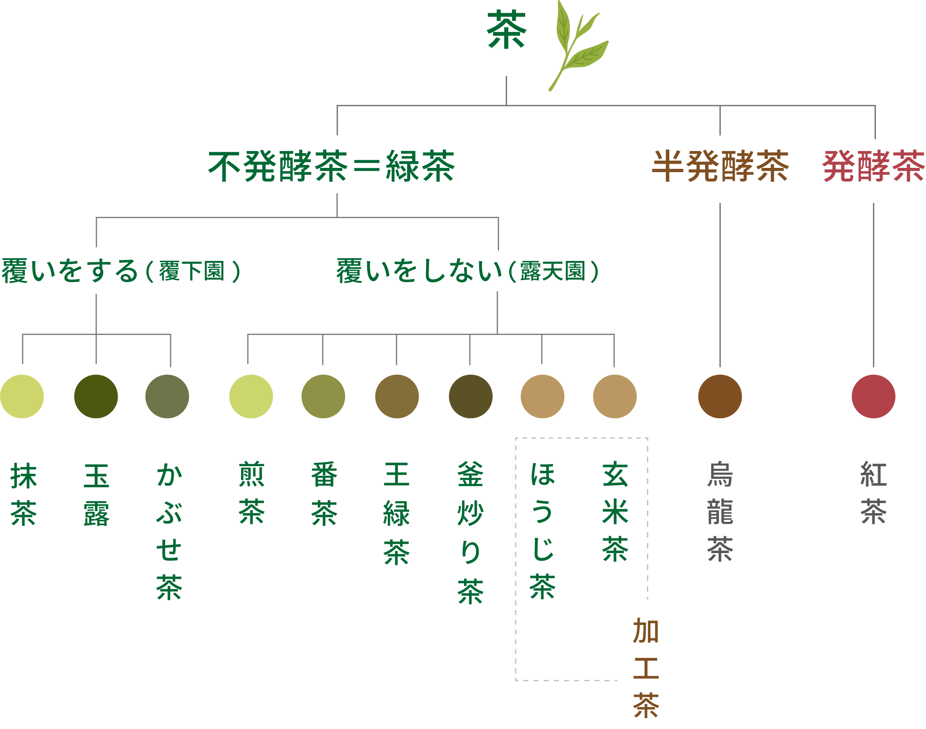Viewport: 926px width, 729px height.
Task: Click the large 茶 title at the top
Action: [507, 30]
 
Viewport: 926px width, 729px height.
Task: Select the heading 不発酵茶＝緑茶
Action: [332, 167]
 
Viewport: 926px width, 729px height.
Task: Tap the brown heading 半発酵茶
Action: [720, 167]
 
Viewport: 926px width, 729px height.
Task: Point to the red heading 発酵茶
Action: [874, 167]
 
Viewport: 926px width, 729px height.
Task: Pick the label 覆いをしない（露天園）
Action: [468, 271]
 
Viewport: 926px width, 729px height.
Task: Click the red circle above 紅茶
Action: [874, 397]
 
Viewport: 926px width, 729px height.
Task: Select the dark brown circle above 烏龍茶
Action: [720, 397]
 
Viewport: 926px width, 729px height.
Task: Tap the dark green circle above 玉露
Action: [96, 397]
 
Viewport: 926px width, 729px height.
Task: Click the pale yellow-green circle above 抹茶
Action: [22, 397]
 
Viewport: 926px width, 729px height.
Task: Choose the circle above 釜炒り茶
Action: [471, 397]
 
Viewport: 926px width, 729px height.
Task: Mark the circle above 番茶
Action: [323, 397]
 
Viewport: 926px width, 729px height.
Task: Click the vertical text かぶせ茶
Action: [169, 532]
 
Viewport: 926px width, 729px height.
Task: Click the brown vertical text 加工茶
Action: [646, 668]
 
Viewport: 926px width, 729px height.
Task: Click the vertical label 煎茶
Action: [252, 493]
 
